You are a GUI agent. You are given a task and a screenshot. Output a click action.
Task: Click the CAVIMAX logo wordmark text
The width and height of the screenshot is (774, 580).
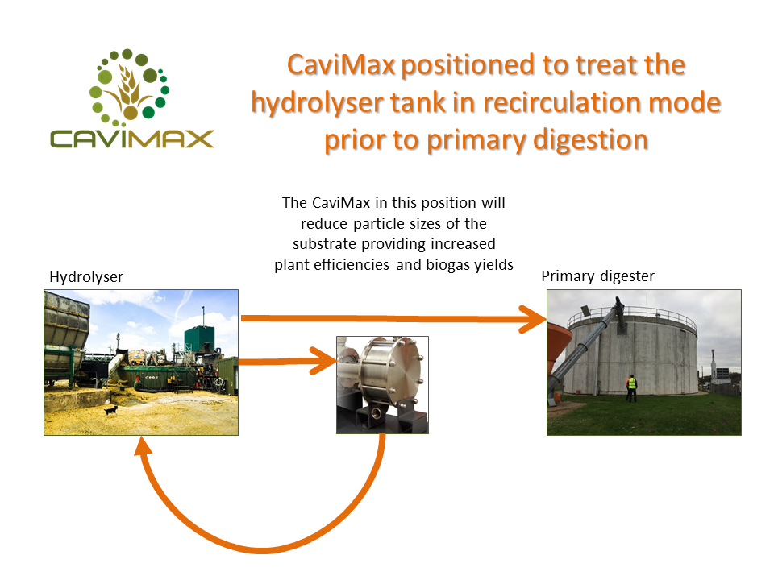(x=131, y=139)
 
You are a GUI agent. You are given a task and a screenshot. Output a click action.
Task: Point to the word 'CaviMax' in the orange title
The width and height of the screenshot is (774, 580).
(x=341, y=65)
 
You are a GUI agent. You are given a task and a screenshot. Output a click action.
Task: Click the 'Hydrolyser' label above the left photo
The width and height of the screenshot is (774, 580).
(x=86, y=277)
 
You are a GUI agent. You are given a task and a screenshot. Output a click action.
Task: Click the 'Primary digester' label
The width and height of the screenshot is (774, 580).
(x=597, y=276)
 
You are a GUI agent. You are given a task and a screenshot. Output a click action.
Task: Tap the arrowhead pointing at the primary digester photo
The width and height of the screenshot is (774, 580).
(x=533, y=320)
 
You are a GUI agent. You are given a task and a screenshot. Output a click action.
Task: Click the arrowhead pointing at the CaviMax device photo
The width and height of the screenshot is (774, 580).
(x=324, y=361)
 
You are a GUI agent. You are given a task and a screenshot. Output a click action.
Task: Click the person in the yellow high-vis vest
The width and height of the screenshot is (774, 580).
(x=630, y=388)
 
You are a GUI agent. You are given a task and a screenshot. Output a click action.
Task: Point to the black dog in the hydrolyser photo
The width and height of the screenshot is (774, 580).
(x=111, y=410)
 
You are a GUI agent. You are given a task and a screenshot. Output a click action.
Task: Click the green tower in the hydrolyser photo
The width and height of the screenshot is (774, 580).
(x=199, y=339)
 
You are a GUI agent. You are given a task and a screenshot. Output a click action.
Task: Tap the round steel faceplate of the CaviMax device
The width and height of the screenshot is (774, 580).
(x=403, y=370)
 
